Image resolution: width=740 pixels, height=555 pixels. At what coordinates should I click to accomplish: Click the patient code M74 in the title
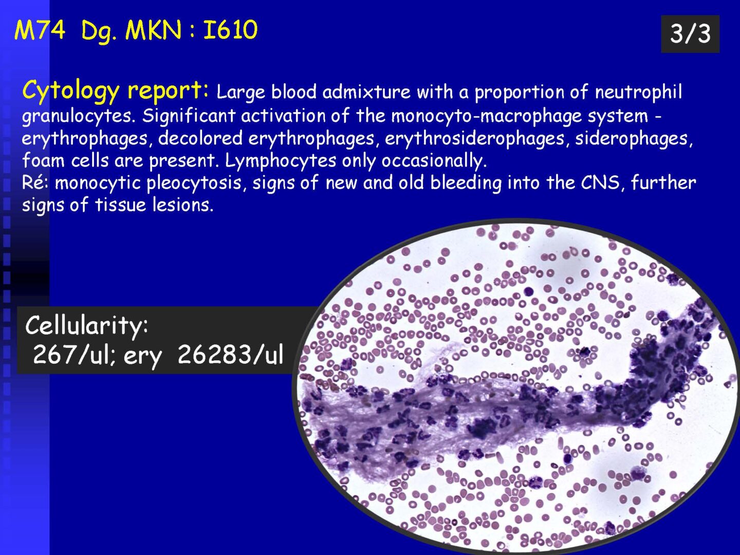[x=40, y=30]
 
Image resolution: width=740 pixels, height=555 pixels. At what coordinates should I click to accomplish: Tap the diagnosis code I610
[x=230, y=30]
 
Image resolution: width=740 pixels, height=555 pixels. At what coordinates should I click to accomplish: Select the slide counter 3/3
[x=690, y=34]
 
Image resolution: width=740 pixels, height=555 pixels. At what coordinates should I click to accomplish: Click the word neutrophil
[x=638, y=91]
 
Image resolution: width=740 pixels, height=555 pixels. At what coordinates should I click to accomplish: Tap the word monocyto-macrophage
[x=486, y=116]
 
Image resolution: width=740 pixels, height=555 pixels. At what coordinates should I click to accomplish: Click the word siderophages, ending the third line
[x=634, y=138]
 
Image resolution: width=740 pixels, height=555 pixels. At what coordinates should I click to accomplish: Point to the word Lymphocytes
[x=280, y=161]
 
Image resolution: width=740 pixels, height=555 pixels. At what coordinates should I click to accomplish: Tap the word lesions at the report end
[x=183, y=205]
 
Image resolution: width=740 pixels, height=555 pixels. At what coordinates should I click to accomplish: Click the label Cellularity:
[x=87, y=326]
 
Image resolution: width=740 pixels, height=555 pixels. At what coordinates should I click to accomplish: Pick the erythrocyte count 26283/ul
[x=230, y=355]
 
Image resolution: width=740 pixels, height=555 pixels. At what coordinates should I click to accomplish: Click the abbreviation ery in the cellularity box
[x=143, y=357]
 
